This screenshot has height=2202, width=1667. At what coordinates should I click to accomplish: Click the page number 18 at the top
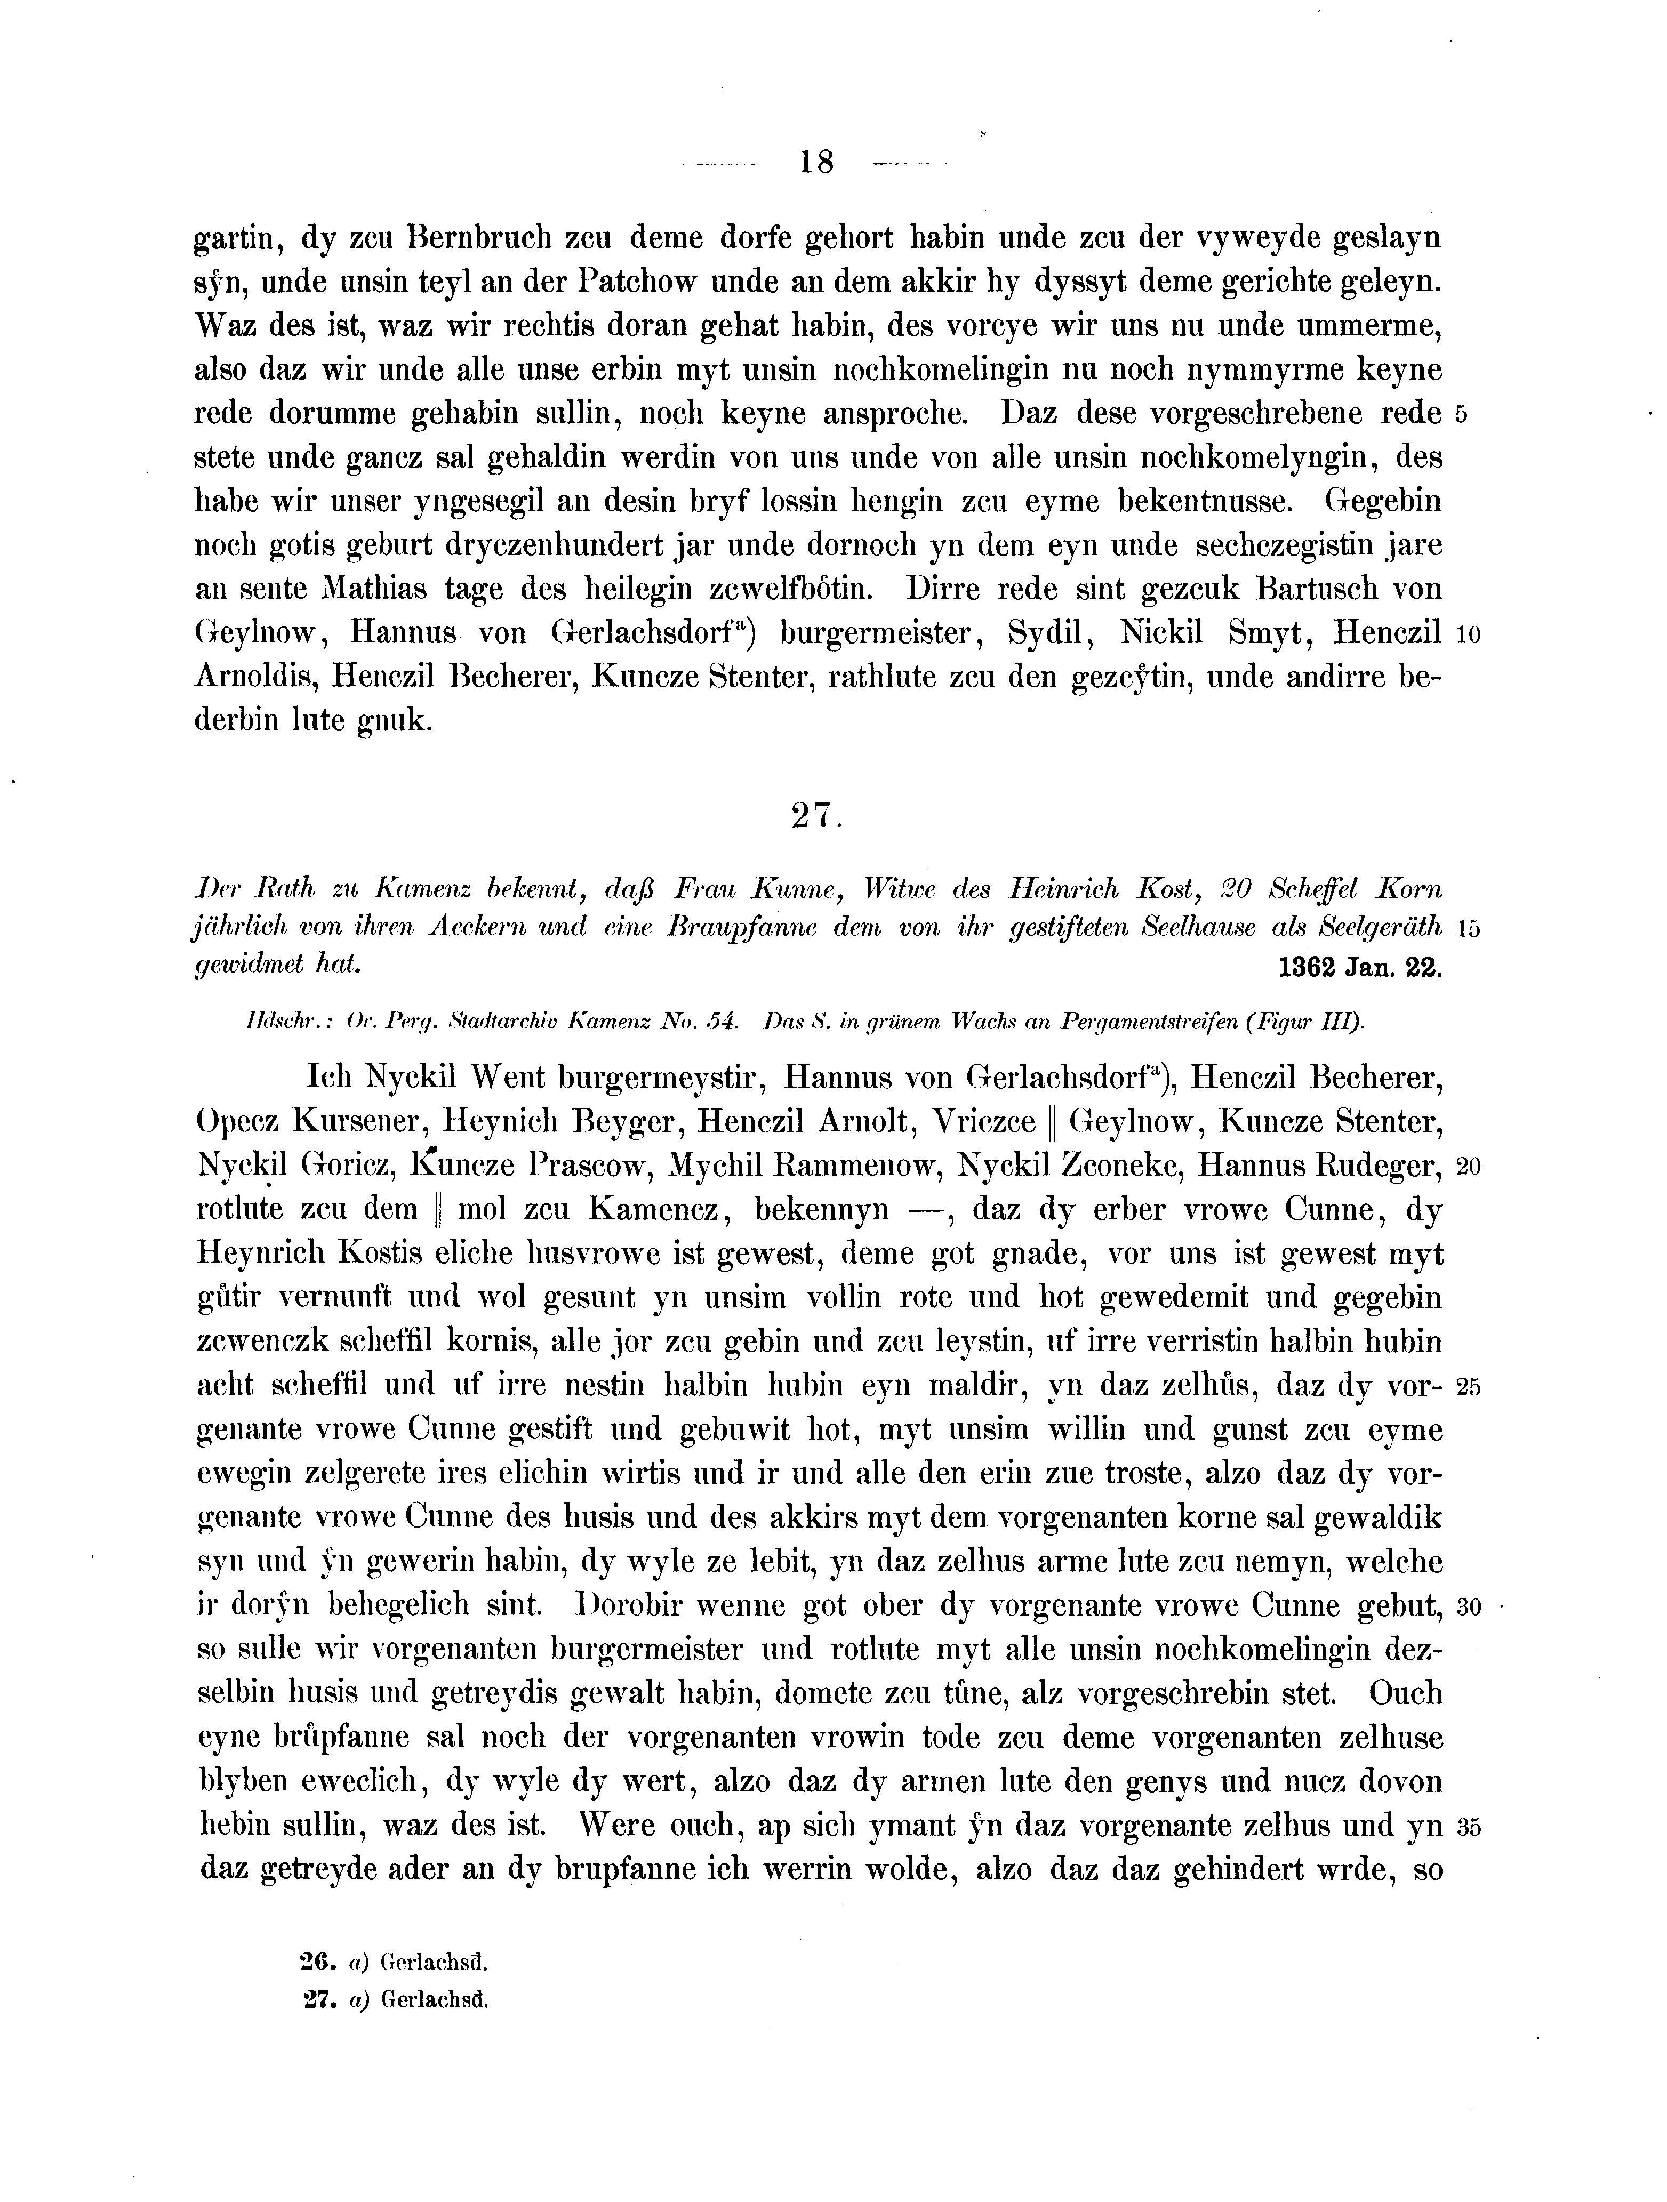pyautogui.click(x=815, y=161)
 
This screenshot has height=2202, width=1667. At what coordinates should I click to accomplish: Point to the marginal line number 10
pyautogui.click(x=1469, y=634)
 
